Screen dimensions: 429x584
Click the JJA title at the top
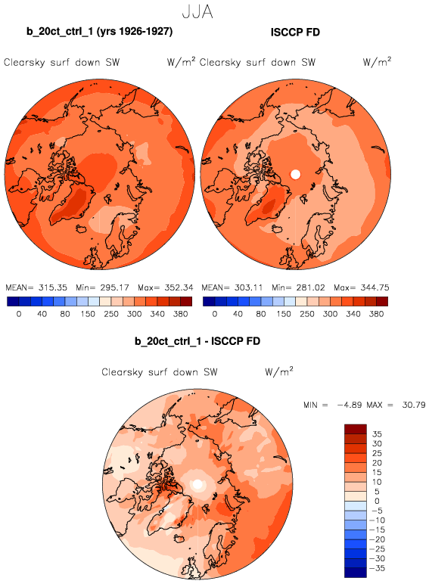coord(197,12)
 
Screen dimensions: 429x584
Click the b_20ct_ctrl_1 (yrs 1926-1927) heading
coord(99,31)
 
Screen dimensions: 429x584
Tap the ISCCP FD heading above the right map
coord(295,33)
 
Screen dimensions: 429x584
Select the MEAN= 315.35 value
coord(36,287)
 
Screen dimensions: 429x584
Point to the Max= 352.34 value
coord(166,287)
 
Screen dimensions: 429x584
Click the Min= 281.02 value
coord(298,287)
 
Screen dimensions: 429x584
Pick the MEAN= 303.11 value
coord(232,287)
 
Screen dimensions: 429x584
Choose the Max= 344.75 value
coord(361,287)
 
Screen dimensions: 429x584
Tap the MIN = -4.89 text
coord(333,405)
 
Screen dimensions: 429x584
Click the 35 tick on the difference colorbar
coord(377,434)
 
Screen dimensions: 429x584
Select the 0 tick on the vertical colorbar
coord(377,502)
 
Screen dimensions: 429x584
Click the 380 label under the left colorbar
coord(180,314)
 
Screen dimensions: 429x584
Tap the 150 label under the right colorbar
coord(284,314)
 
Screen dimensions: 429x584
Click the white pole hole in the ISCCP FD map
coord(295,174)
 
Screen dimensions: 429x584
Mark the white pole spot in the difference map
coord(197,484)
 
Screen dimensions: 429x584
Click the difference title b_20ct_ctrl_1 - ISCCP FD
coord(197,341)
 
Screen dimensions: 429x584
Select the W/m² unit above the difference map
coord(279,371)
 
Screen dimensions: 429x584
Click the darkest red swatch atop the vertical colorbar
coord(356,429)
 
